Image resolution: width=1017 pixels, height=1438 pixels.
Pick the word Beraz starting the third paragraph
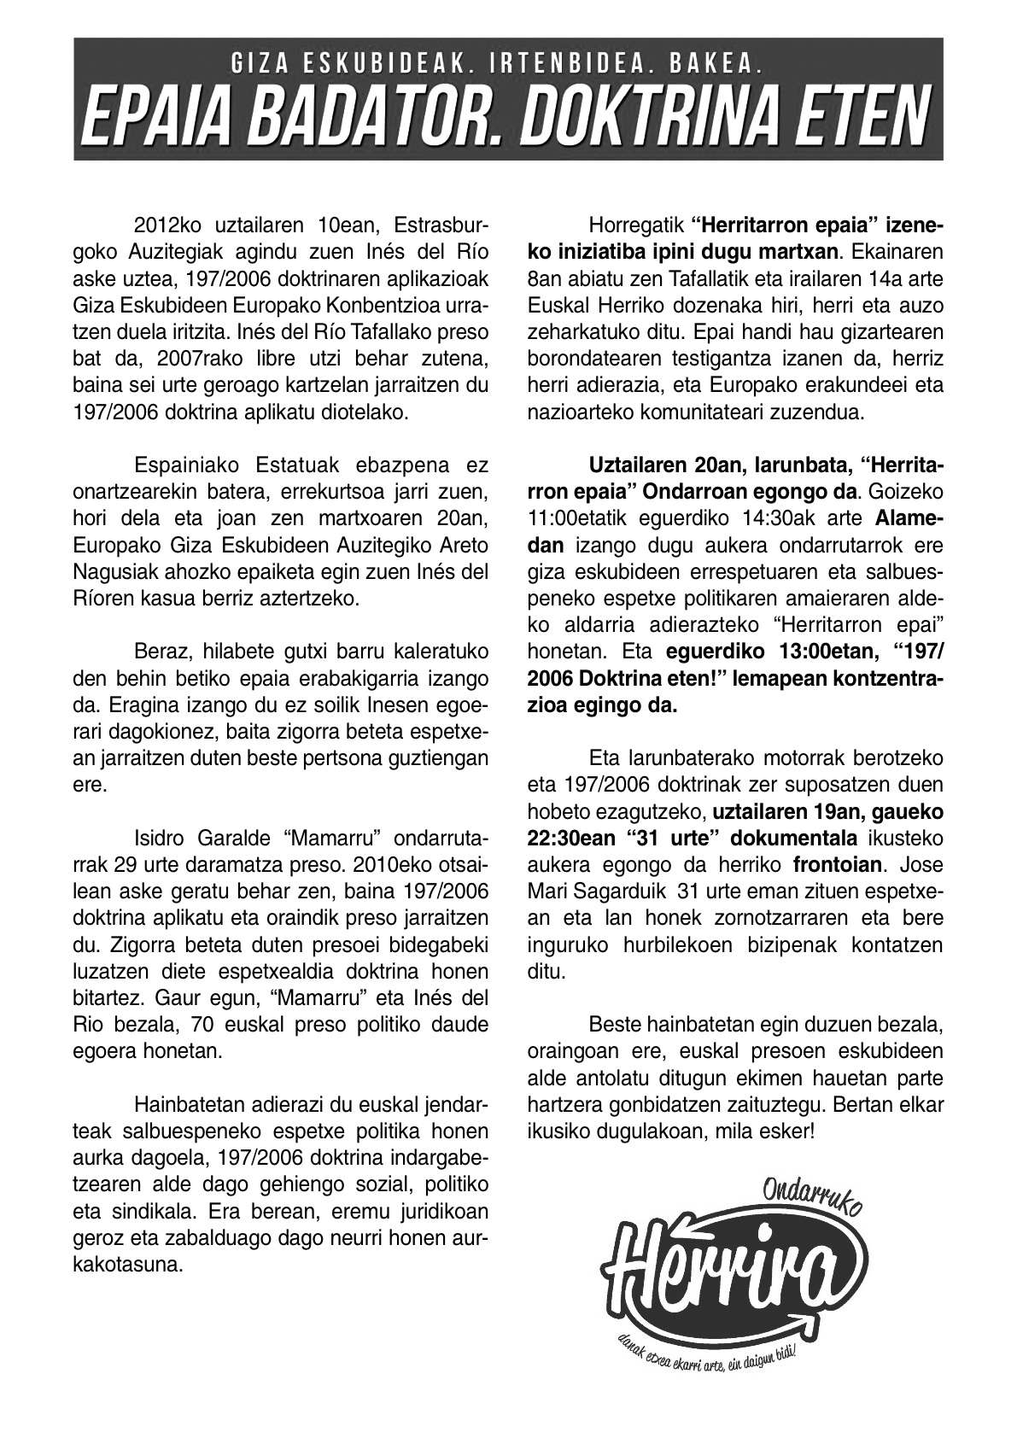(x=162, y=653)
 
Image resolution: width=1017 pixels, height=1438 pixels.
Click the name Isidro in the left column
(x=161, y=839)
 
